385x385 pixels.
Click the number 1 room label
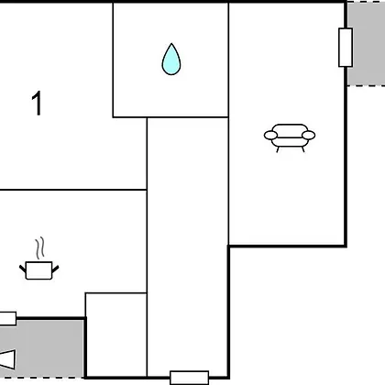pyautogui.click(x=37, y=103)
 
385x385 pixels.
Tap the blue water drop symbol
pyautogui.click(x=171, y=60)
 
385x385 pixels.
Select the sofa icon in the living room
pyautogui.click(x=290, y=137)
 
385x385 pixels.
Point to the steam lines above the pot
pyautogui.click(x=40, y=248)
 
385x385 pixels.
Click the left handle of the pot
pyautogui.click(x=23, y=269)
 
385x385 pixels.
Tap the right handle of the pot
pyautogui.click(x=55, y=269)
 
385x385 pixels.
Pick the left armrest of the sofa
pyautogui.click(x=270, y=135)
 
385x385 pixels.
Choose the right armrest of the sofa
pyautogui.click(x=309, y=135)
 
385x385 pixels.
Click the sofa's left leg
pyautogui.click(x=278, y=149)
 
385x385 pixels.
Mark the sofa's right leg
pyautogui.click(x=302, y=149)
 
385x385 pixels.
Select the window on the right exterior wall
pyautogui.click(x=346, y=48)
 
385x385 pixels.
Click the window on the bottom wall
pyautogui.click(x=190, y=378)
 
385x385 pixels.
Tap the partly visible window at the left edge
pyautogui.click(x=8, y=318)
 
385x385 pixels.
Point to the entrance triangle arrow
pyautogui.click(x=7, y=359)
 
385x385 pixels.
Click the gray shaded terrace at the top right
pyautogui.click(x=366, y=44)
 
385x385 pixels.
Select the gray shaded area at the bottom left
pyautogui.click(x=42, y=349)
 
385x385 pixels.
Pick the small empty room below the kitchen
pyautogui.click(x=116, y=335)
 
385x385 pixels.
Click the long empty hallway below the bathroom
pyautogui.click(x=188, y=247)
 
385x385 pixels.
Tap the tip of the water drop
pyautogui.click(x=171, y=43)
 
